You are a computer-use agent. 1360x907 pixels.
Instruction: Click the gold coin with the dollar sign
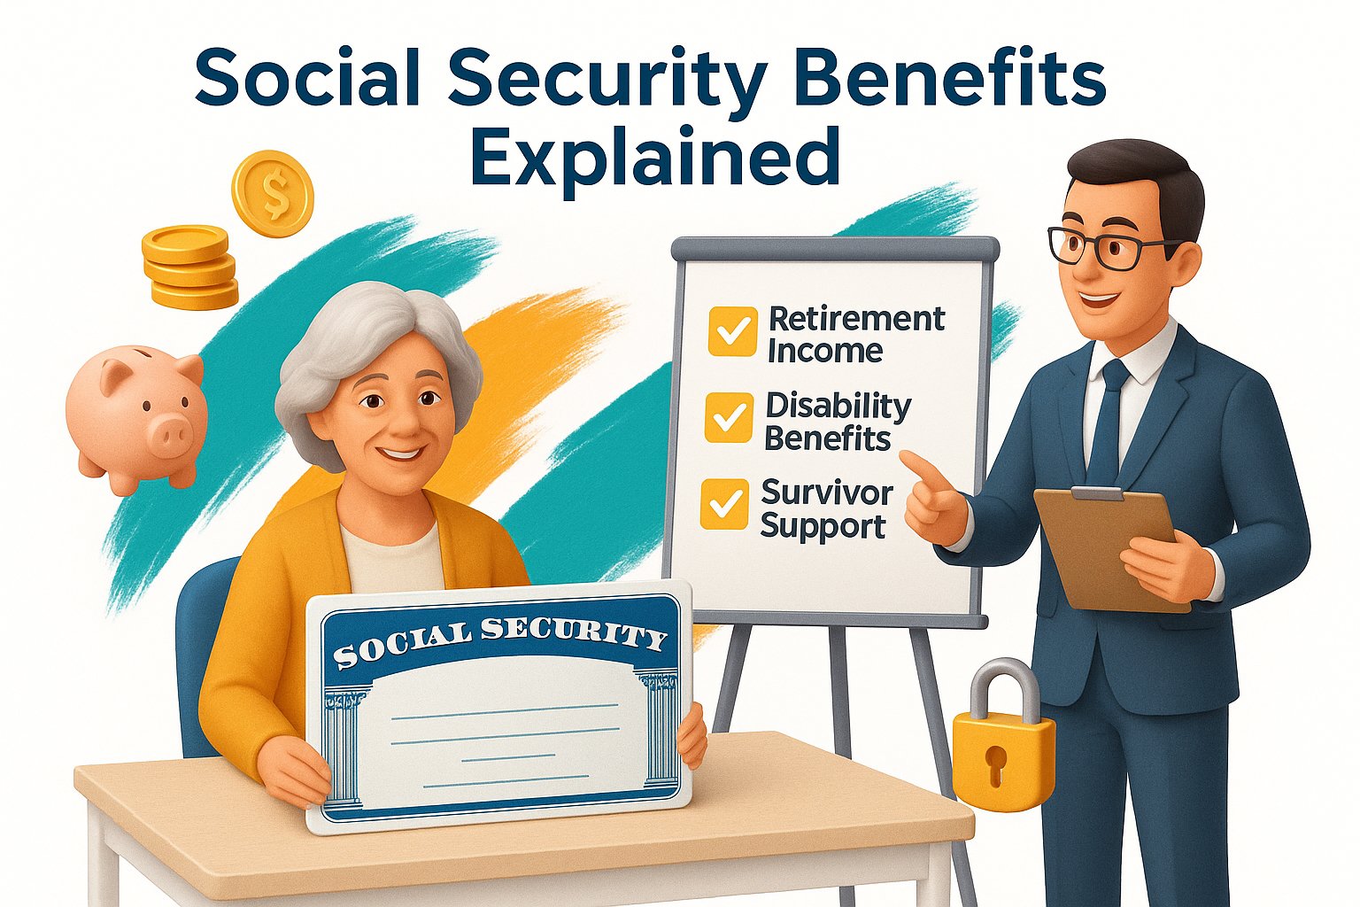[x=273, y=193]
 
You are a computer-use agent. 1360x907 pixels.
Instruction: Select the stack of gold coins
[x=189, y=267]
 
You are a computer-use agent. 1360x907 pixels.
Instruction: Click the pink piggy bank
[x=136, y=419]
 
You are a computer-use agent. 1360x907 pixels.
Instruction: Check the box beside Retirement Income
[x=732, y=331]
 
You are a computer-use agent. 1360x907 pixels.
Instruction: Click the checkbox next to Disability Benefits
[x=729, y=417]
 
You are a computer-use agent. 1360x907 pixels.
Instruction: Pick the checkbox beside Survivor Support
[x=724, y=504]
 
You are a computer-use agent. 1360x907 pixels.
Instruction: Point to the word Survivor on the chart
[x=827, y=492]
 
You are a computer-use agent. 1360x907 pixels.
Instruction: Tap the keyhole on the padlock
[x=997, y=764]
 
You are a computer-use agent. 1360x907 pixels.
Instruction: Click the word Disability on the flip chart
[x=838, y=407]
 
